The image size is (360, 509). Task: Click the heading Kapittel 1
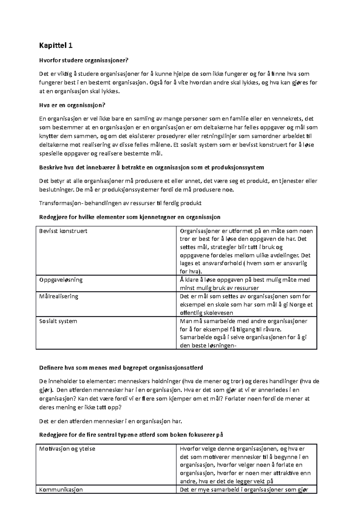pyautogui.click(x=56, y=46)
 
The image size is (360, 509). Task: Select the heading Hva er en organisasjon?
pyautogui.click(x=73, y=105)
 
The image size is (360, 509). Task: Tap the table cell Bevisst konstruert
pyautogui.click(x=63, y=231)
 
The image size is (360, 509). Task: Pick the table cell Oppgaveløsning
pyautogui.click(x=61, y=280)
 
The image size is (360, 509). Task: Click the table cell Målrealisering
pyautogui.click(x=59, y=296)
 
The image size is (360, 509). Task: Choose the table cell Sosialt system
pyautogui.click(x=58, y=321)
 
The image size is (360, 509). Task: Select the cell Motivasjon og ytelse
pyautogui.click(x=67, y=449)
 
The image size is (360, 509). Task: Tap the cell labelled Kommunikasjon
pyautogui.click(x=61, y=490)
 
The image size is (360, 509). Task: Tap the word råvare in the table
pyautogui.click(x=271, y=329)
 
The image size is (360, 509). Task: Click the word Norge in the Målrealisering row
pyautogui.click(x=289, y=305)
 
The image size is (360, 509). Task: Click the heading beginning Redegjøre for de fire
pyautogui.click(x=131, y=435)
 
